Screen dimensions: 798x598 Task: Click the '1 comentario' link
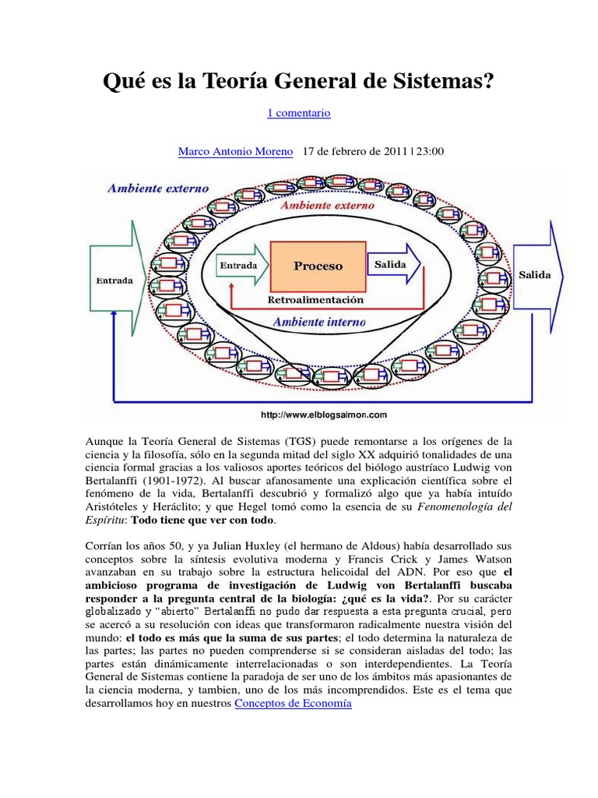[299, 113]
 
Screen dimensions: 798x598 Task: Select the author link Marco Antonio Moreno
[236, 151]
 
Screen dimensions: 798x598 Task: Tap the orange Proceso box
[318, 266]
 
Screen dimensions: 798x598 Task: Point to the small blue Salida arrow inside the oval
[392, 265]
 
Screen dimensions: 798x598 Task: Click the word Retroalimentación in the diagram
[315, 299]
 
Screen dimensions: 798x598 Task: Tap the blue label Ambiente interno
[318, 321]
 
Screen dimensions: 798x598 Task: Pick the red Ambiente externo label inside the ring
[326, 206]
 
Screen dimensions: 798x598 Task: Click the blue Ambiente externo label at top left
[159, 188]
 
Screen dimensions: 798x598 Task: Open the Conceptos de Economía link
[293, 703]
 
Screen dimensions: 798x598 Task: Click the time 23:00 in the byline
[429, 151]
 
